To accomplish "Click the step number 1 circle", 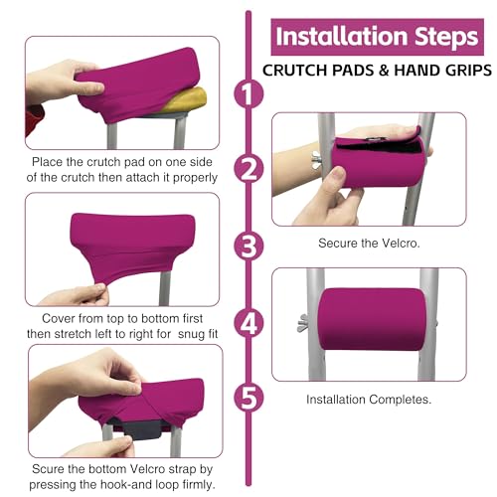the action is tap(248, 93).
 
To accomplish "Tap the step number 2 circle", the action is tap(248, 169).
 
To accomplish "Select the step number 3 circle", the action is tap(248, 247).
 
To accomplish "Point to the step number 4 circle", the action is tap(248, 323).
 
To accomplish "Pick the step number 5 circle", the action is tap(248, 398).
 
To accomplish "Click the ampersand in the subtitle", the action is tap(383, 71).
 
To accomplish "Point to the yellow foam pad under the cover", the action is tap(187, 100).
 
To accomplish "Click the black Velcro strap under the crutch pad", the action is tap(138, 429).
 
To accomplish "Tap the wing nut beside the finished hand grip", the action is tap(303, 323).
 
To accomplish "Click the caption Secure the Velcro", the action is tap(369, 244).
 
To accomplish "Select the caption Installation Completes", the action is tap(369, 400).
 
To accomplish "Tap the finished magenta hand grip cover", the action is tap(372, 319).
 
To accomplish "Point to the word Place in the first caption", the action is tap(47, 162).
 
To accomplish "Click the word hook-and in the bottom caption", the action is tap(126, 484).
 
